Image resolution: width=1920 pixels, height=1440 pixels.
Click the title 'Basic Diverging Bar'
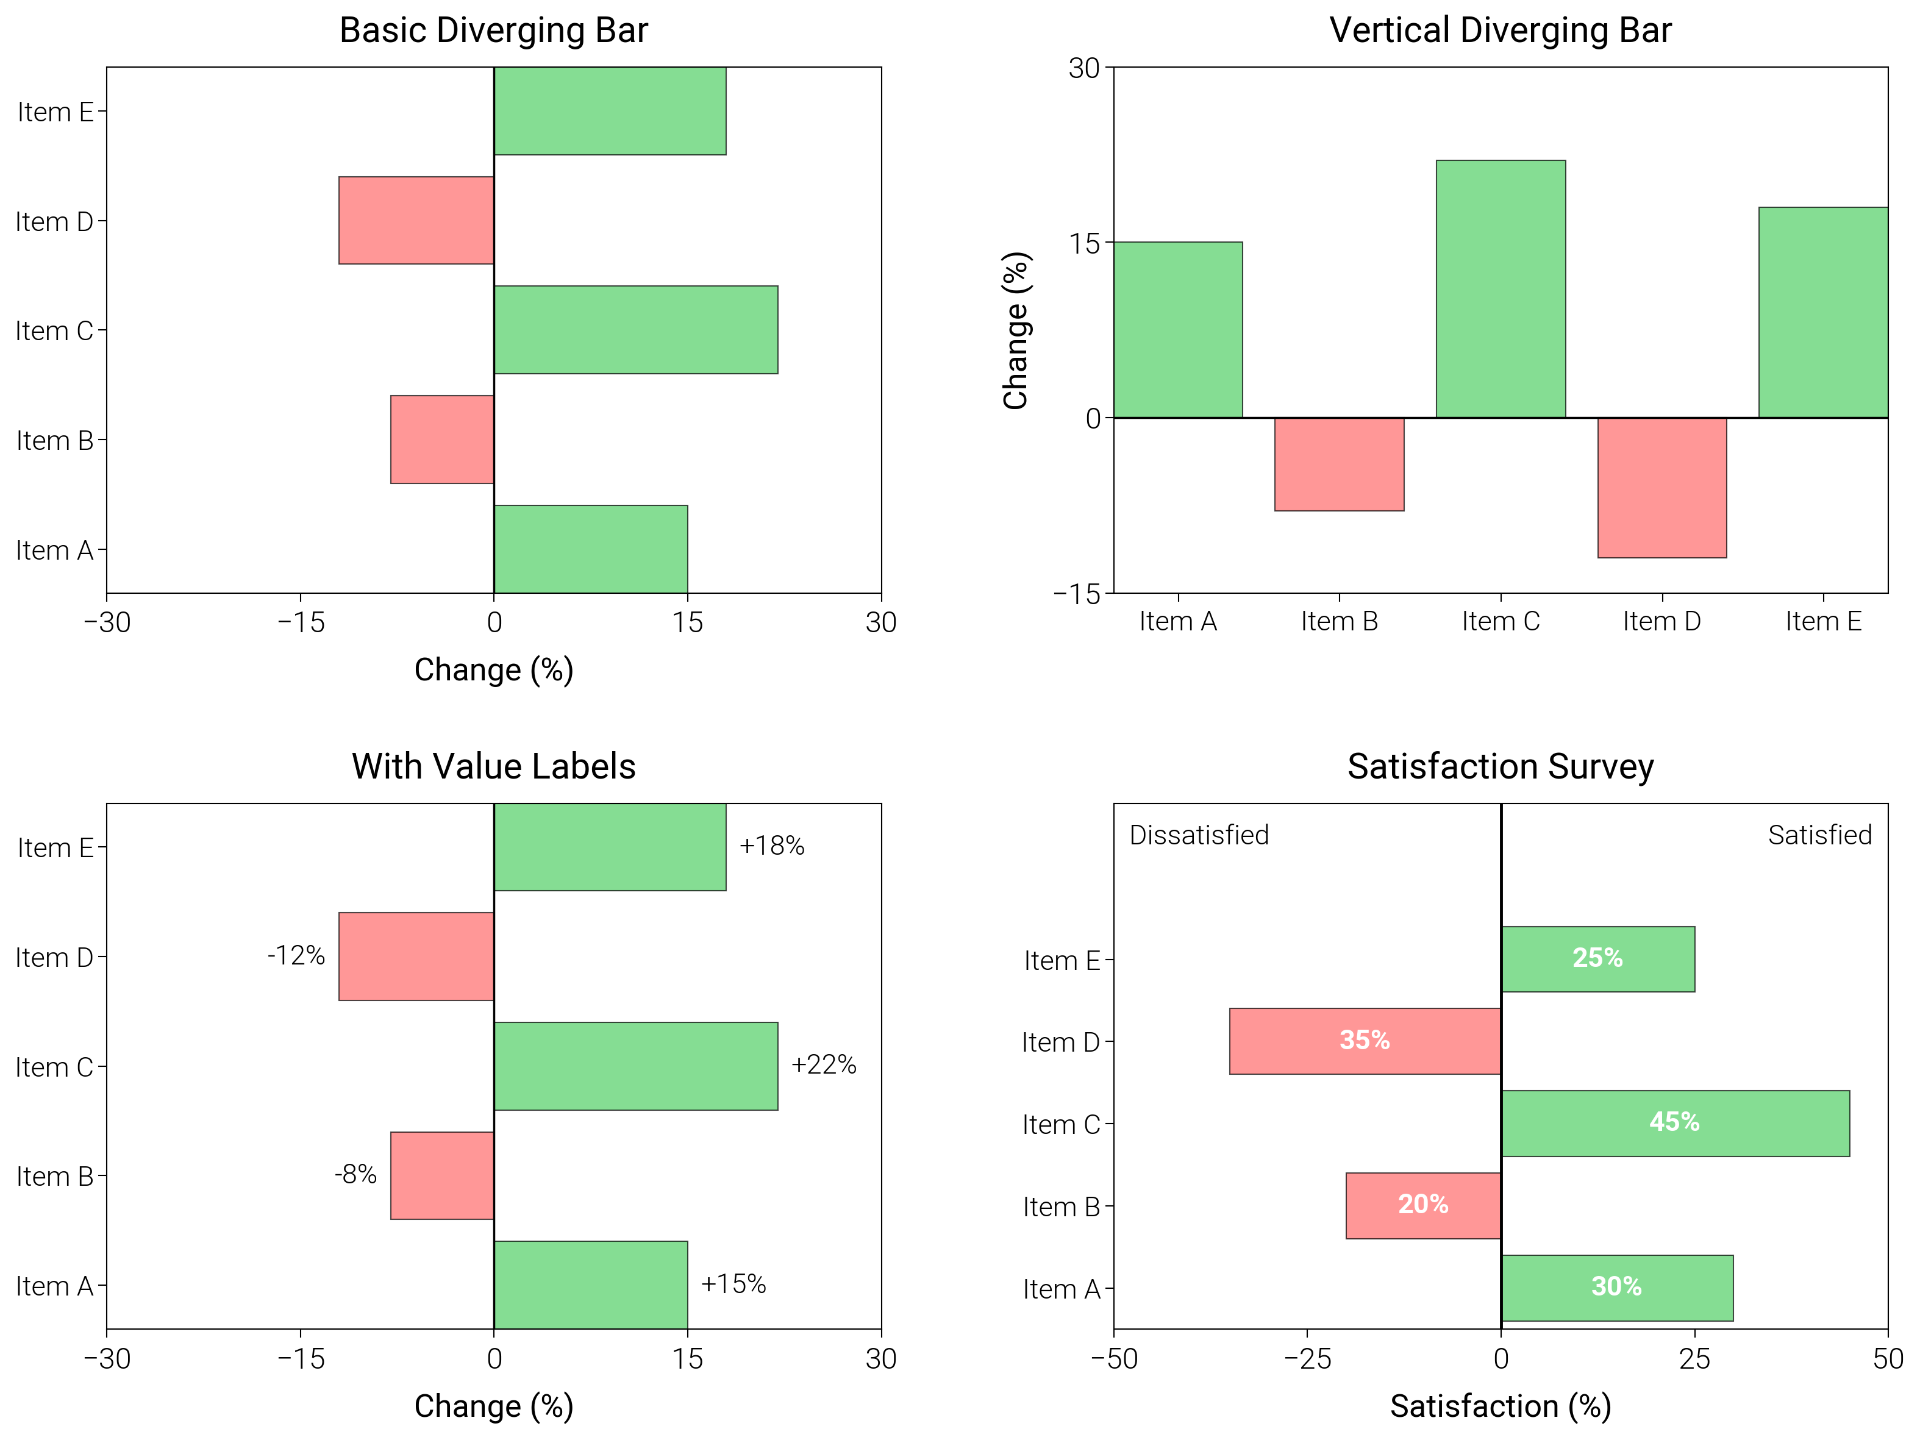[x=493, y=30]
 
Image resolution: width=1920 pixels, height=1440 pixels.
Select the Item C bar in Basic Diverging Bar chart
[x=635, y=330]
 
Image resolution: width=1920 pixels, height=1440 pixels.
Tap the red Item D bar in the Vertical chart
[x=1661, y=487]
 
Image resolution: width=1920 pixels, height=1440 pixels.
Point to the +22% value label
[x=823, y=1064]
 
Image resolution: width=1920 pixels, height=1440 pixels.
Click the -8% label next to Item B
[x=355, y=1174]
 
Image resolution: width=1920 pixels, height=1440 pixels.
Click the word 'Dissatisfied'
[x=1198, y=835]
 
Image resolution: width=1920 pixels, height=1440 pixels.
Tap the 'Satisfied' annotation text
[x=1819, y=835]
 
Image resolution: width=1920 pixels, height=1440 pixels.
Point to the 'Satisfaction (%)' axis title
[x=1500, y=1405]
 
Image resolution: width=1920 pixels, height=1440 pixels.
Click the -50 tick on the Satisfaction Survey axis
[x=1113, y=1358]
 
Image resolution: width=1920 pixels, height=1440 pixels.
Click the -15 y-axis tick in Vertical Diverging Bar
[x=1076, y=594]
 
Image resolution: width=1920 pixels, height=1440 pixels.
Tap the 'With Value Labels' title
[x=493, y=766]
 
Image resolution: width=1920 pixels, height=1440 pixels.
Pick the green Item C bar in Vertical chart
[x=1500, y=288]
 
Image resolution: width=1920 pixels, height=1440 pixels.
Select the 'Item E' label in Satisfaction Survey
[x=1061, y=961]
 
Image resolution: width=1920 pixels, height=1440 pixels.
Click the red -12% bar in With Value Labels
[x=416, y=956]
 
